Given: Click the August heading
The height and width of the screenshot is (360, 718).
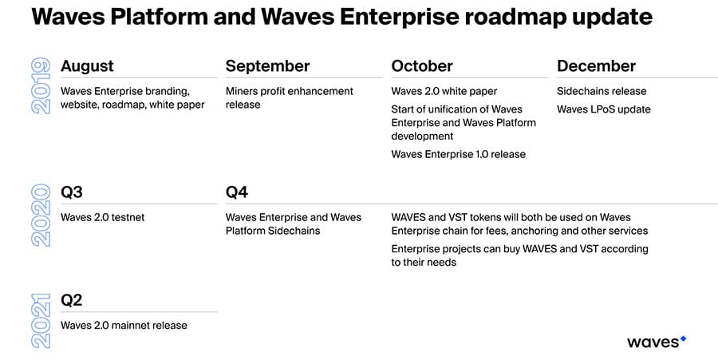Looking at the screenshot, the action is (x=87, y=66).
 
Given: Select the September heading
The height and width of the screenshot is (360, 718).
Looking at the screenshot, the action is (x=267, y=66).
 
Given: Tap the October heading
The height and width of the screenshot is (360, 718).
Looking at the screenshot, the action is (x=422, y=66).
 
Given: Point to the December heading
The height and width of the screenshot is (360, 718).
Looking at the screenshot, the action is (x=596, y=66).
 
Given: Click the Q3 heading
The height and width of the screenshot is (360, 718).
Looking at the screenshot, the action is (x=72, y=192).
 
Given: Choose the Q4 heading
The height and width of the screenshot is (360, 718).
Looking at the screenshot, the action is (x=237, y=192).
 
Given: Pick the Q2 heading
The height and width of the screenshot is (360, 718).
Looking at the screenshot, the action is (x=72, y=300).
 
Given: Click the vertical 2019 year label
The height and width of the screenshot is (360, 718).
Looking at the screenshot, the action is (x=41, y=85).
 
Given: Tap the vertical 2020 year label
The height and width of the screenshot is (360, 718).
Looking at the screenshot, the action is (x=41, y=215).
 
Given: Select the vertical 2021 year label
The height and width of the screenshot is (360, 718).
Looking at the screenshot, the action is (x=41, y=321).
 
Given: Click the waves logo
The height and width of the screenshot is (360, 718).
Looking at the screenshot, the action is (x=657, y=342).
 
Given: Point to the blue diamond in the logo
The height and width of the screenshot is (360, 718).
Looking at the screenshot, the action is (x=683, y=339).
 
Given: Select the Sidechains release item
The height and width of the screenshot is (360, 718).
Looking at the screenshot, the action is (x=602, y=91).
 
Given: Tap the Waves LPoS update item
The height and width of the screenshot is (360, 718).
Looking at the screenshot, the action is (x=604, y=109).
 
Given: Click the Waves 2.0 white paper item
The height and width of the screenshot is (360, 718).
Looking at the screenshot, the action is (x=444, y=92).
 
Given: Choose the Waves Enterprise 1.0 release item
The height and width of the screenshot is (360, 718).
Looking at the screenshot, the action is (x=459, y=154).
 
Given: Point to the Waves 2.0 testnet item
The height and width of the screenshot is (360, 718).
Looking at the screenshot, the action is (x=103, y=218).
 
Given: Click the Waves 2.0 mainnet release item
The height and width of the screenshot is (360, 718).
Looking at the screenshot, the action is (x=124, y=326).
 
